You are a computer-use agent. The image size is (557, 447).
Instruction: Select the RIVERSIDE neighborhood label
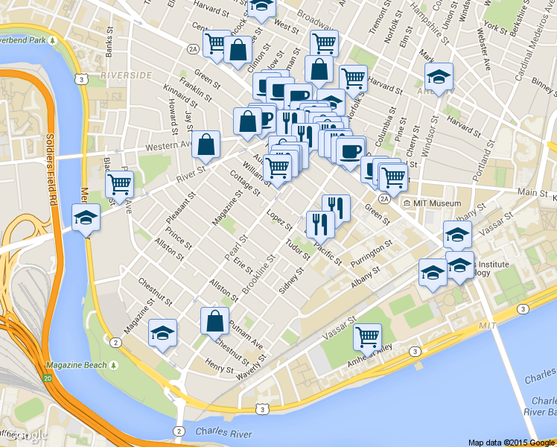click(x=126, y=75)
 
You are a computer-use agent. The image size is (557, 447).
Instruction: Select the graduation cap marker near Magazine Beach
click(x=162, y=333)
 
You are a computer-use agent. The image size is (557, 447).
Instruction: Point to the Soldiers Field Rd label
click(x=51, y=168)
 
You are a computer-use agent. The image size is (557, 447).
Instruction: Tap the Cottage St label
click(x=244, y=181)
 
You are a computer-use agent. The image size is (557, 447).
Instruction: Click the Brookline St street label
click(x=256, y=276)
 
